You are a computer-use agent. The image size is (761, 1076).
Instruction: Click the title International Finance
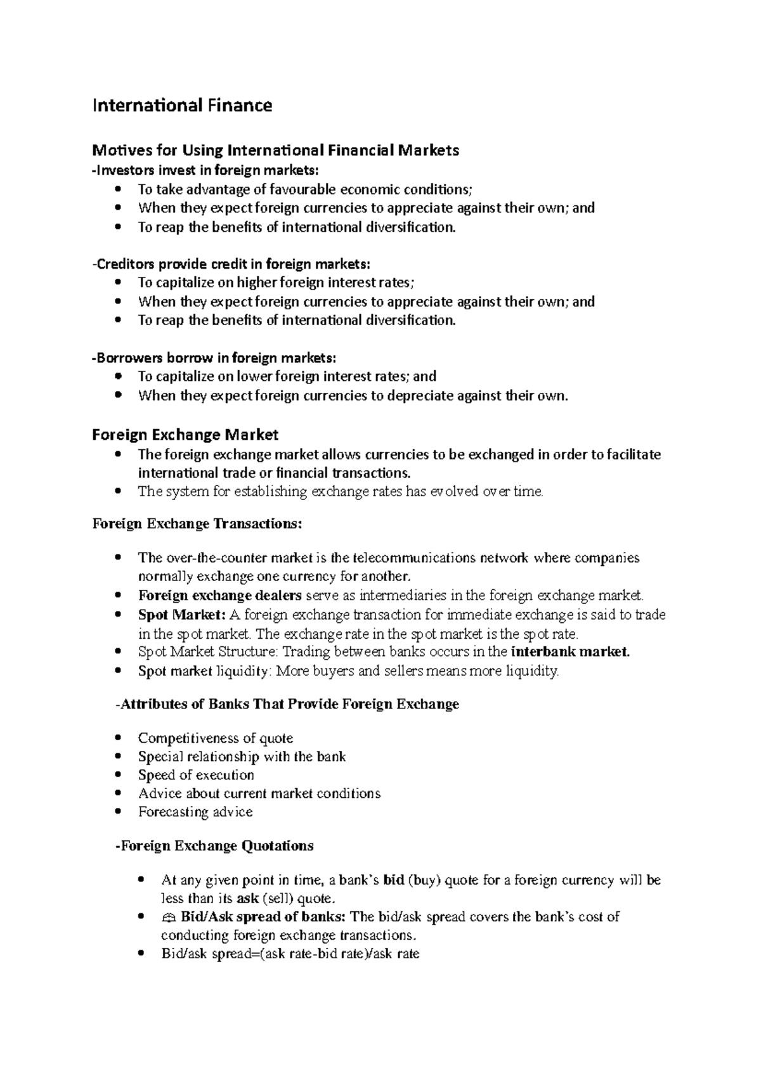pyautogui.click(x=182, y=105)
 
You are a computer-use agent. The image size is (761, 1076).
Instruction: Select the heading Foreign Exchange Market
pyautogui.click(x=185, y=435)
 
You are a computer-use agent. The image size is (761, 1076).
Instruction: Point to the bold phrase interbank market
pyautogui.click(x=570, y=651)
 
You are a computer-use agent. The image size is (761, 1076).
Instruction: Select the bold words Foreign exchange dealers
pyautogui.click(x=220, y=596)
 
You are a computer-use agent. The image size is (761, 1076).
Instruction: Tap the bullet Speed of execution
pyautogui.click(x=196, y=775)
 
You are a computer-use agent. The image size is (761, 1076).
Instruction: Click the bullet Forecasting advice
pyautogui.click(x=195, y=812)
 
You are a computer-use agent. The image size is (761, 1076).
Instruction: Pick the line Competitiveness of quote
pyautogui.click(x=216, y=738)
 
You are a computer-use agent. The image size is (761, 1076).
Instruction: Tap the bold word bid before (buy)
pyautogui.click(x=394, y=880)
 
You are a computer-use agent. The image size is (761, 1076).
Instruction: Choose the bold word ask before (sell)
pyautogui.click(x=247, y=899)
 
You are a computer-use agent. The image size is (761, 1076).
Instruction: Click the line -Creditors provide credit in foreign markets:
pyautogui.click(x=230, y=264)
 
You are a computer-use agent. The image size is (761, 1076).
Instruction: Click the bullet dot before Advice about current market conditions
pyautogui.click(x=118, y=793)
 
